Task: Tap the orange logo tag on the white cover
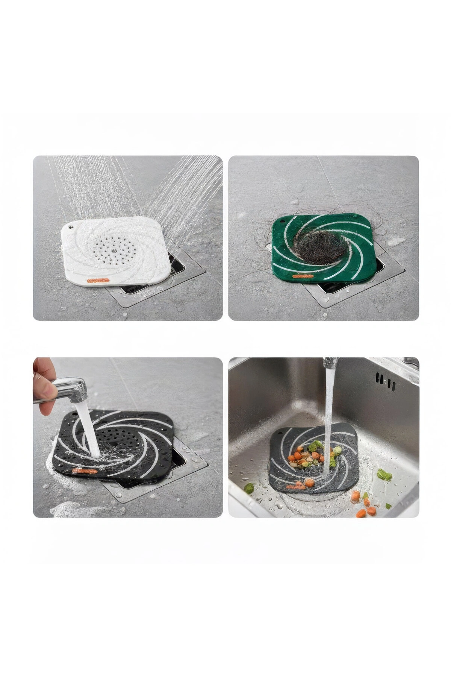97,280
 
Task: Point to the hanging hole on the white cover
70,227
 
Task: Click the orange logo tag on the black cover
85,470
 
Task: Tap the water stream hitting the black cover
88,429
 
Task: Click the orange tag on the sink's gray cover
295,487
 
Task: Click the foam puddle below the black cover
75,510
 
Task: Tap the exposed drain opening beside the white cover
177,263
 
